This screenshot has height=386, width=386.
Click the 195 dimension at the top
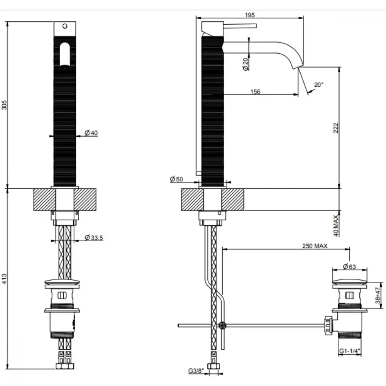pos(250,15)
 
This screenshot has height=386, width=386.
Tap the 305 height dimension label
pos(4,105)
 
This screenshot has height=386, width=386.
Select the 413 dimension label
pos(4,279)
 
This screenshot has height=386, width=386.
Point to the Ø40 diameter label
pos(91,133)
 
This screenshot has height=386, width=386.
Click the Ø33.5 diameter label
pos(94,238)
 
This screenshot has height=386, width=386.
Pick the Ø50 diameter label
pos(176,179)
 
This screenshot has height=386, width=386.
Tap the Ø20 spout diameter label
pos(245,64)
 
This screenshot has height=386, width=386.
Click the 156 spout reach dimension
pos(255,91)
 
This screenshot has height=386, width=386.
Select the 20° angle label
pos(318,85)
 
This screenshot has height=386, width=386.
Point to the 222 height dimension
pos(336,128)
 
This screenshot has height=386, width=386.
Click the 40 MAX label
pos(336,225)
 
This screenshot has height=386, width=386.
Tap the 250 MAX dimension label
pos(315,246)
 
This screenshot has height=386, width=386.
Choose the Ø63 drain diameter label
pos(349,266)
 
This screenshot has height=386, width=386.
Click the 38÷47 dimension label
pos(378,295)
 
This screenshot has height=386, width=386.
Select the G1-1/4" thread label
pos(350,351)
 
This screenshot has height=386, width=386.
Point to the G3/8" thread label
pos(196,371)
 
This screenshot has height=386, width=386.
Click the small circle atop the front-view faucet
pos(65,26)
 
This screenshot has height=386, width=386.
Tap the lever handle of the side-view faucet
pos(240,26)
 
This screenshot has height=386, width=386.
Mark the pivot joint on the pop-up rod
pos(223,325)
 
